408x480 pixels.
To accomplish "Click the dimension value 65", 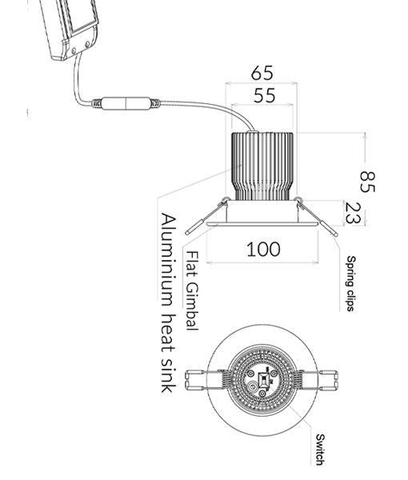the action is tap(262, 73).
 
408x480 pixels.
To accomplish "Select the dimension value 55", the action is tap(265, 95).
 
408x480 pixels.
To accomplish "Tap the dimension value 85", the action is tap(367, 182).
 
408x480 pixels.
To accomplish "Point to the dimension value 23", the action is tap(354, 213).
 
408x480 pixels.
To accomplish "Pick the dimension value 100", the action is tap(263, 249).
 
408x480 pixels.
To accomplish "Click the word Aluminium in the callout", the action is tap(168, 260).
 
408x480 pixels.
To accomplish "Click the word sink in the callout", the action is tap(168, 378).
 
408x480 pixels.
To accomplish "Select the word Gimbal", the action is tap(193, 306).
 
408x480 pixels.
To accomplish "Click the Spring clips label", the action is tap(351, 284).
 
